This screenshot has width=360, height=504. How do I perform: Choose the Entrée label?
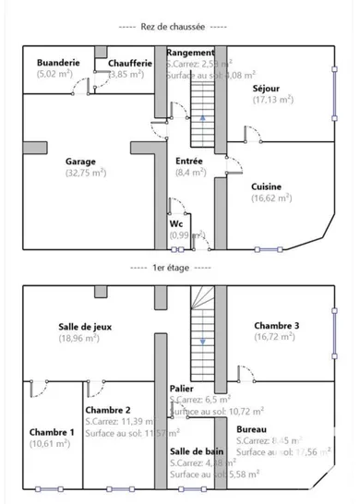(189, 160)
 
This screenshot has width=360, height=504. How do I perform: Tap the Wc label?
(175, 223)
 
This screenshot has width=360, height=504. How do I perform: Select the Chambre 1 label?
(51, 432)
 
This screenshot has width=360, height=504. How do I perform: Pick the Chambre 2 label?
(107, 409)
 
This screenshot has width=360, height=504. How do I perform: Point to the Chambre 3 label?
(274, 325)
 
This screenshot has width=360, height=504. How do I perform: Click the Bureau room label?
(251, 428)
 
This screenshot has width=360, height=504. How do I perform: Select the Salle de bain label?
(194, 450)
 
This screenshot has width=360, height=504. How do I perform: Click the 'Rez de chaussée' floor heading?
(180, 28)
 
